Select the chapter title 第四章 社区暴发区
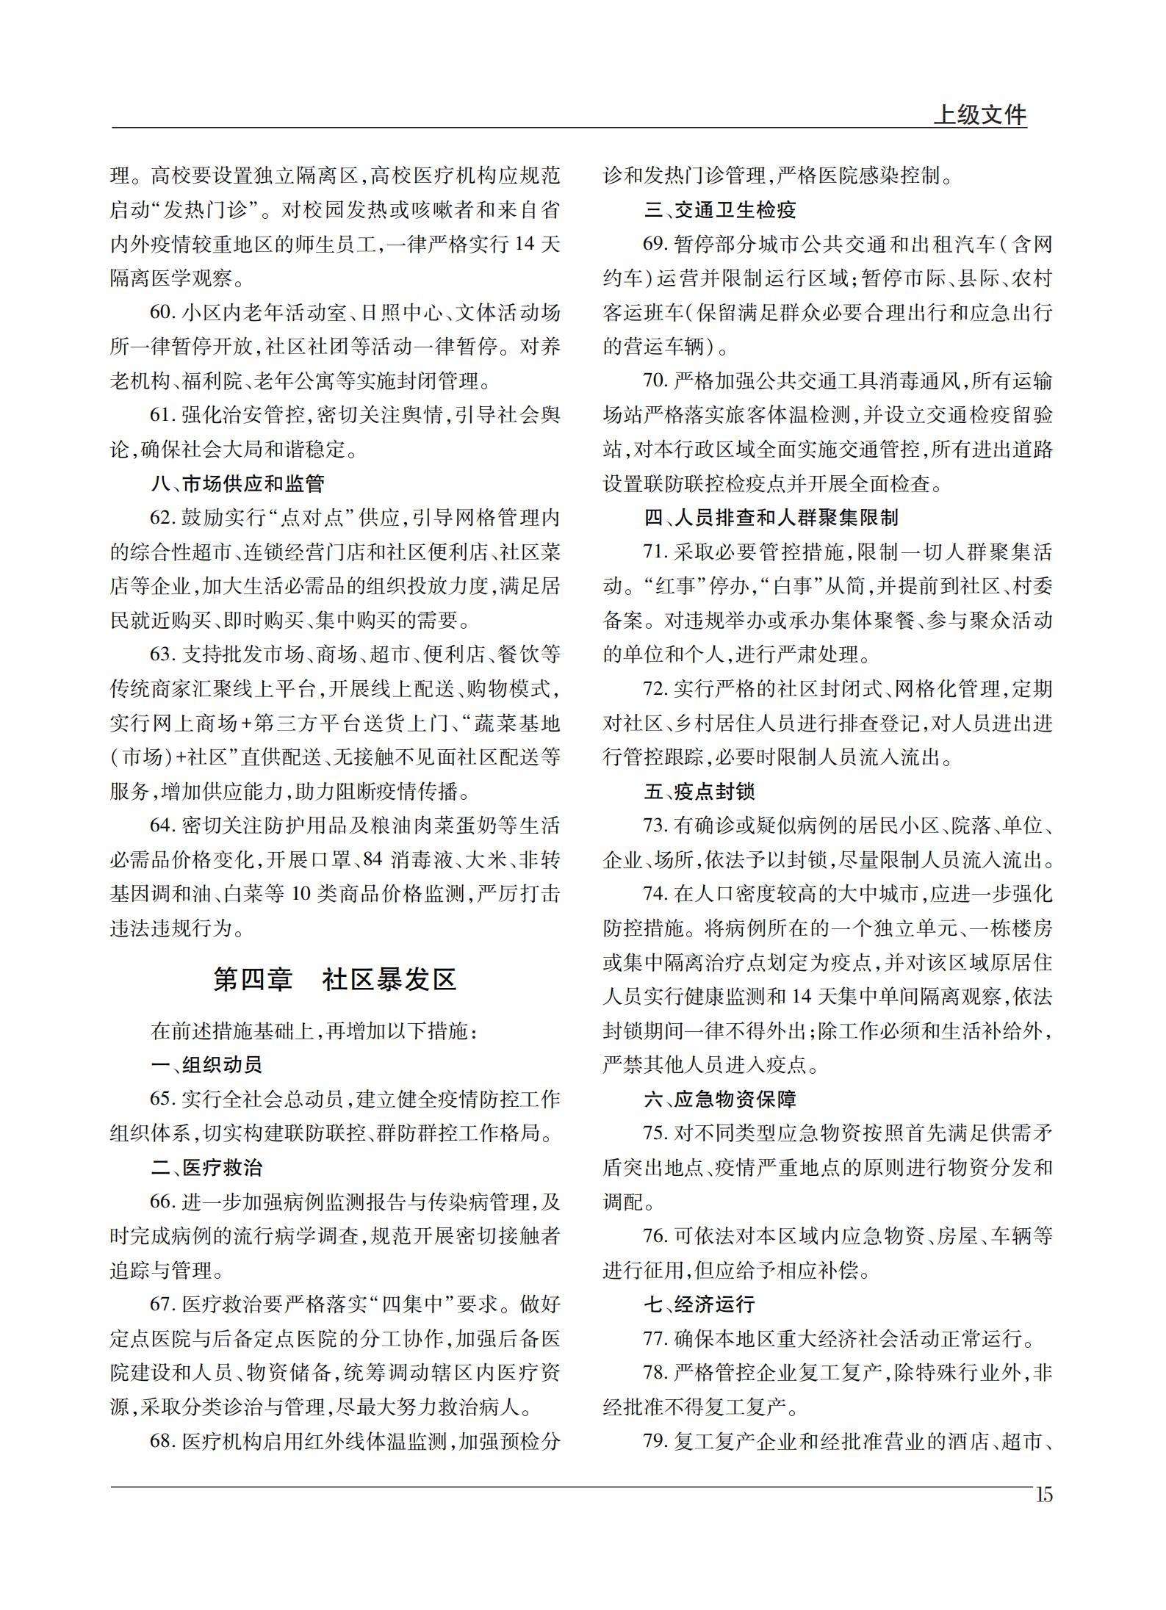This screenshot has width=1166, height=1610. click(x=335, y=980)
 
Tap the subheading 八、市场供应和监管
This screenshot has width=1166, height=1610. click(x=238, y=484)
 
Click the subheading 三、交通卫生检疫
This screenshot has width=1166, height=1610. click(x=720, y=211)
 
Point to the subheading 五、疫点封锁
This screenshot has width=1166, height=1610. click(x=699, y=792)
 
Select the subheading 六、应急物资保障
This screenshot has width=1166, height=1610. click(x=720, y=1100)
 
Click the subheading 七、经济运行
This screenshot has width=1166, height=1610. click(x=699, y=1304)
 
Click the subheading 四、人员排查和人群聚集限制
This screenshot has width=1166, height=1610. click(x=771, y=519)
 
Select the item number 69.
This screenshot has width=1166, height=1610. click(x=654, y=245)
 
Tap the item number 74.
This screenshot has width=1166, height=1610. click(x=654, y=895)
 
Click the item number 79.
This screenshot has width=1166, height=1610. click(x=654, y=1442)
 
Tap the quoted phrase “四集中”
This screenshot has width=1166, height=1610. click(x=414, y=1305)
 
